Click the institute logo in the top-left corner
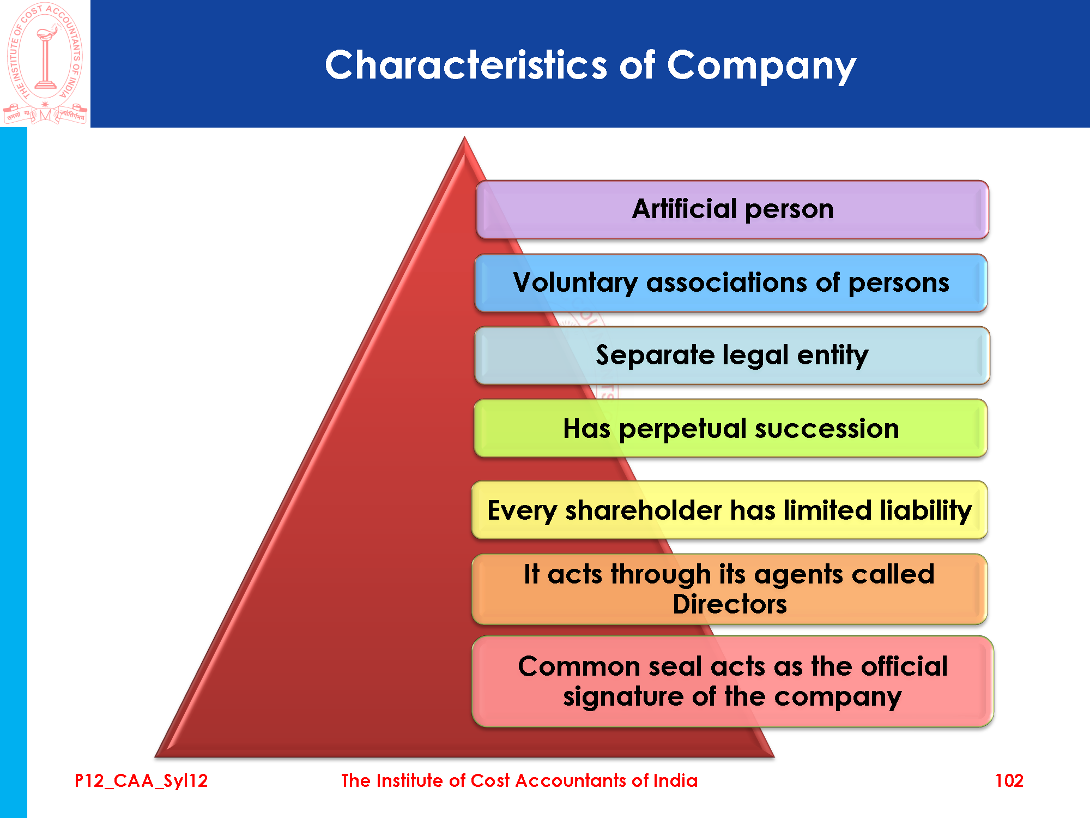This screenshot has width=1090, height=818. (45, 63)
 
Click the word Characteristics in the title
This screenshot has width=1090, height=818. (466, 65)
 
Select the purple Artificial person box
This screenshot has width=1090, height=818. (732, 209)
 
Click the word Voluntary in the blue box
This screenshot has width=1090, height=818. (575, 283)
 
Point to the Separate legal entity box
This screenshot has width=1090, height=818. (732, 356)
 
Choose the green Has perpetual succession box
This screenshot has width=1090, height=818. (731, 428)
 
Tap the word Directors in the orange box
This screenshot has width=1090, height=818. (730, 604)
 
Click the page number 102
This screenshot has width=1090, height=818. (1009, 780)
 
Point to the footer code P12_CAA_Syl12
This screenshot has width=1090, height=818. (141, 781)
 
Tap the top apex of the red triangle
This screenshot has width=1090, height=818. (464, 137)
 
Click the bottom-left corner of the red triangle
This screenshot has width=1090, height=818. (156, 757)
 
